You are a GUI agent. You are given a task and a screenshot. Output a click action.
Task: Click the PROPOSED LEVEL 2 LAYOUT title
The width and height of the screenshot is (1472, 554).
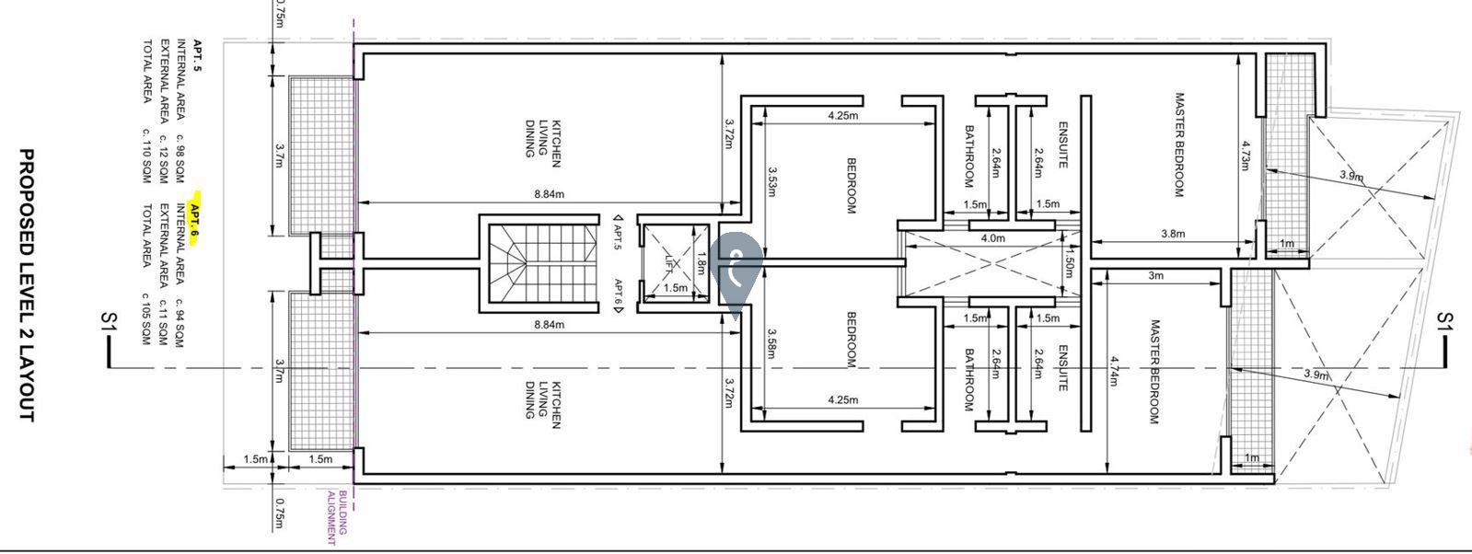pos(26,284)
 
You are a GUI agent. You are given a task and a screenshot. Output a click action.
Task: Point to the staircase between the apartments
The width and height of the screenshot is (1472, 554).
pos(542,263)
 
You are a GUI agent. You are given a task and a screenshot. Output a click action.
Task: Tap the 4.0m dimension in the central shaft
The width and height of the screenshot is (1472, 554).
pos(992,238)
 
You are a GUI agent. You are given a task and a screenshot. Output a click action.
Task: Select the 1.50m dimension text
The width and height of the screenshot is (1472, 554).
pos(1069,262)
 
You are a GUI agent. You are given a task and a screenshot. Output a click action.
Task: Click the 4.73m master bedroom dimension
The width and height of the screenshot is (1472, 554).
pos(1244,156)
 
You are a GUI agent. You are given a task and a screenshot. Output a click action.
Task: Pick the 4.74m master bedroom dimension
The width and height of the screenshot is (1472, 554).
pos(1114,371)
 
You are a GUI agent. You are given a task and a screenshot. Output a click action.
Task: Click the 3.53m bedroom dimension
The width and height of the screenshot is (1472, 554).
pos(772,181)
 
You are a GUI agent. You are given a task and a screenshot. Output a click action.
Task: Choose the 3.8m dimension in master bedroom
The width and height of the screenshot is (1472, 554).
pos(1173,234)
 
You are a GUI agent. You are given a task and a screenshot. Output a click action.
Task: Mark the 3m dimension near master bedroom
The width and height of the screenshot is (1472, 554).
pos(1155,275)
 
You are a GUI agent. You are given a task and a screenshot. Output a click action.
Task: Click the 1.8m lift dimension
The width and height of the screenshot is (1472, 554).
pos(701,262)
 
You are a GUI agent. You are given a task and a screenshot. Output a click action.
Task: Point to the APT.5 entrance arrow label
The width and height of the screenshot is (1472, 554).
pos(617,233)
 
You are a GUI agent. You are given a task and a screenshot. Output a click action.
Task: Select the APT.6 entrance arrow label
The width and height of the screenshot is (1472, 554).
pos(618,295)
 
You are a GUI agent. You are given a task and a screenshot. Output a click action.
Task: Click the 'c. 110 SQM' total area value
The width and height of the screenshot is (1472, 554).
pos(146,156)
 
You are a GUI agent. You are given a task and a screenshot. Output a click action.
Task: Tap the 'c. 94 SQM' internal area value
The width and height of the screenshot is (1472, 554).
pos(180,323)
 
